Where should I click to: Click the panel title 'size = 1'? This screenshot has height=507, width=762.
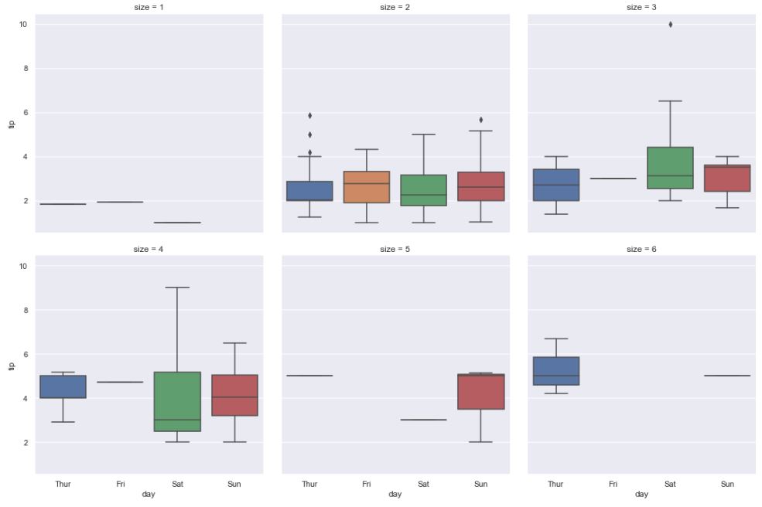149,7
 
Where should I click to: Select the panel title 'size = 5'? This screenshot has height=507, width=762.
395,249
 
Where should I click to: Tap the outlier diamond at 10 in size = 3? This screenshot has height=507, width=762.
670,25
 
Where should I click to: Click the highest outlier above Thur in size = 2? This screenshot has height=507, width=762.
309,115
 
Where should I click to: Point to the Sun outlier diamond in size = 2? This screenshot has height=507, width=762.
480,120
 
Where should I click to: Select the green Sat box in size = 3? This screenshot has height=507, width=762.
670,168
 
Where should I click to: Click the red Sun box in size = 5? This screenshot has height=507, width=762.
480,392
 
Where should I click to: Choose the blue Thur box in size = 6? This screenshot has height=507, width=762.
555,371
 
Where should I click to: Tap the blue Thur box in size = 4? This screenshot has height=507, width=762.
63,386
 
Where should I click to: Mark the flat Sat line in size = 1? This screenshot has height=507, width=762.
177,223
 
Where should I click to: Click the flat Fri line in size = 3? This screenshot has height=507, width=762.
613,179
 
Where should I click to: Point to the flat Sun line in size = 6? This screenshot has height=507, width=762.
727,376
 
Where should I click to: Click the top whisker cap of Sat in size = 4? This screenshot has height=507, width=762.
177,288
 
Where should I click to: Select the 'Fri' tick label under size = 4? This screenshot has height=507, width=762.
121,484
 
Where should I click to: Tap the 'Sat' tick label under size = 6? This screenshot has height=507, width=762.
670,484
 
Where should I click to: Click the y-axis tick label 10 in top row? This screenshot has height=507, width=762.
23,25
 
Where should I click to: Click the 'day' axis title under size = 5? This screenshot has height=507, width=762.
395,495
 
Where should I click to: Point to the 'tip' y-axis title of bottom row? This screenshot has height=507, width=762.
11,365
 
